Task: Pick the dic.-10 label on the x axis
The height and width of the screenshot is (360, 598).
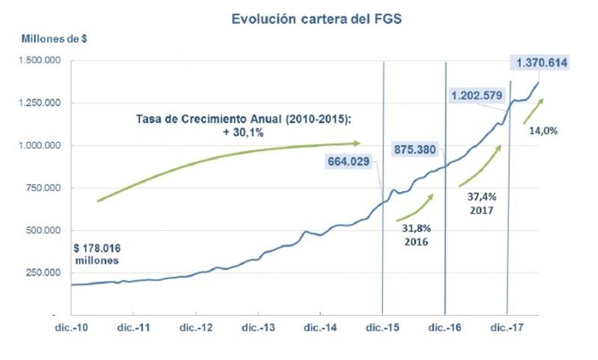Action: (71, 328)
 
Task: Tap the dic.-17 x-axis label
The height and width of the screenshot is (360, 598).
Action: (508, 328)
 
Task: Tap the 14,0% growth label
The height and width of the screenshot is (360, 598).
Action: (543, 129)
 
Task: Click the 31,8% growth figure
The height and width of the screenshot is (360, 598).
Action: (413, 229)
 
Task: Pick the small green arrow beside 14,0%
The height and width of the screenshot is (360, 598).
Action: (532, 110)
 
